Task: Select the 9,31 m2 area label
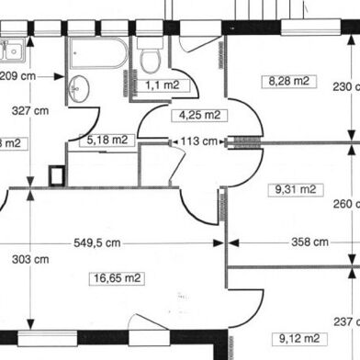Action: coord(294,190)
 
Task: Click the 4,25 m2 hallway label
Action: coord(198,116)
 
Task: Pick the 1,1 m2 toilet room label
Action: coord(162,84)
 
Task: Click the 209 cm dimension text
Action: coord(18,76)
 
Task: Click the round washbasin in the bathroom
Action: coord(79,89)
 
